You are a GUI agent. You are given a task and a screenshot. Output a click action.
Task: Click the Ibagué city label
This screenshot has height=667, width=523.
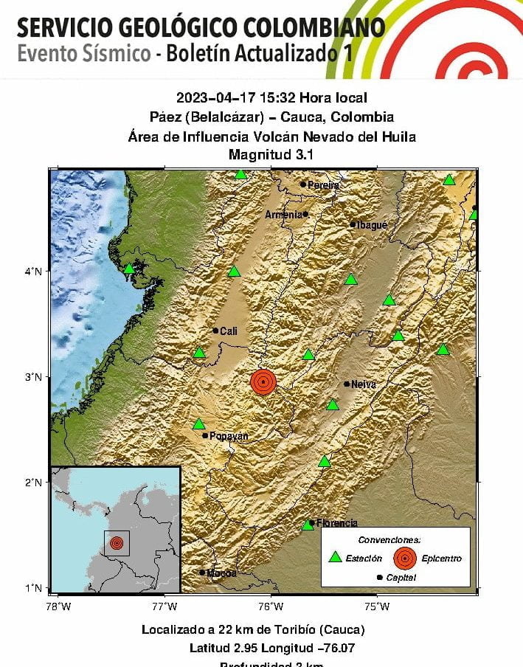372,225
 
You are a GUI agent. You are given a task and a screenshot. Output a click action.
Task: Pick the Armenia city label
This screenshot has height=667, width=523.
283,215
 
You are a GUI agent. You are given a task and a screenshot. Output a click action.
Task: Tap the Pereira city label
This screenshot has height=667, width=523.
323,185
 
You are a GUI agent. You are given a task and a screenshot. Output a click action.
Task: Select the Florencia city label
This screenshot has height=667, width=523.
337,523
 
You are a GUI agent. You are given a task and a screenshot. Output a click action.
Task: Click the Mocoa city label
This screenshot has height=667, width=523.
221,573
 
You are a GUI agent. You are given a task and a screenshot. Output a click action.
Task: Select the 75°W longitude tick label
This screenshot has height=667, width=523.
377,606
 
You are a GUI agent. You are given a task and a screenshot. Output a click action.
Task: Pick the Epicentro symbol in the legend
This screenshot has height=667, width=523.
404,559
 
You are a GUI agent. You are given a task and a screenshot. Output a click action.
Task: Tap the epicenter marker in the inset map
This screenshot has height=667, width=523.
116,543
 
